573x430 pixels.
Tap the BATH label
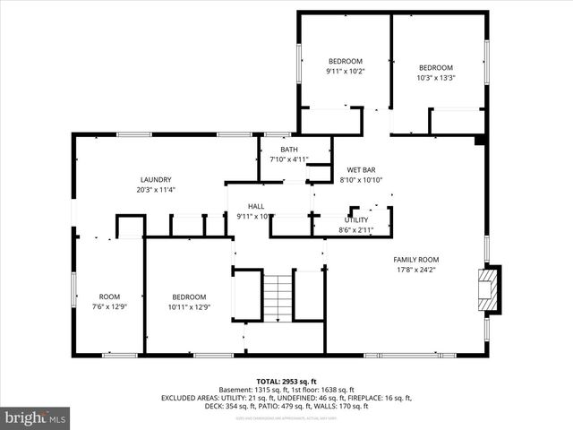[x=288, y=150]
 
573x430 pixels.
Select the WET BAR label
[x=361, y=169]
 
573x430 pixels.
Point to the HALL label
[x=256, y=206]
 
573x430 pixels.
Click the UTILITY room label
[x=356, y=219]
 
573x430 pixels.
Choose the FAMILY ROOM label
[x=416, y=260]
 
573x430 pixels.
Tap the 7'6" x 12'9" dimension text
[x=109, y=306]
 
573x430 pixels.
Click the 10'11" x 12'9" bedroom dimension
[x=189, y=306]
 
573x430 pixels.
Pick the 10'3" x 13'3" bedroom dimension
[x=436, y=77]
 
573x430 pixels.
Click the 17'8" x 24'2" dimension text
[x=416, y=270]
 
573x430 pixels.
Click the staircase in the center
[x=278, y=297]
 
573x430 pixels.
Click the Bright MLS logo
[x=36, y=417]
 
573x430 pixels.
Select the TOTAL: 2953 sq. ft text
[x=286, y=381]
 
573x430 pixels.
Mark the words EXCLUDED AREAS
[x=192, y=397]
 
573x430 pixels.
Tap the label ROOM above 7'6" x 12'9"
[x=109, y=297]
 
